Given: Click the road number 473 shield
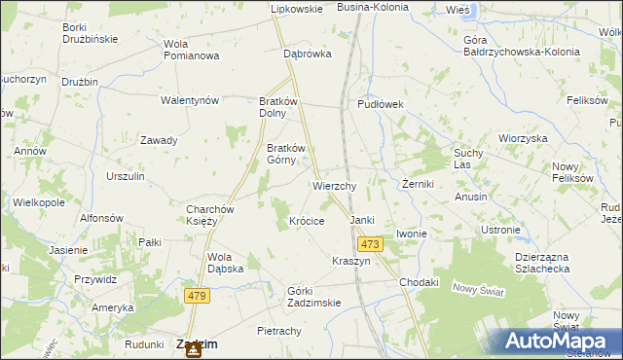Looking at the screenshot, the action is click(x=368, y=244).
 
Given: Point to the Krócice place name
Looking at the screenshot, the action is click(x=307, y=221).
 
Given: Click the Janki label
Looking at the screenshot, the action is click(x=362, y=221).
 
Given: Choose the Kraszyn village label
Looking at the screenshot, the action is click(x=350, y=263).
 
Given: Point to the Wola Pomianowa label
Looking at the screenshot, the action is click(x=191, y=50).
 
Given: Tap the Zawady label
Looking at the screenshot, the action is click(x=159, y=140).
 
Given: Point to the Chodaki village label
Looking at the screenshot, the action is click(x=420, y=282).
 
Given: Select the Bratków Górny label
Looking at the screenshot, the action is click(x=286, y=154).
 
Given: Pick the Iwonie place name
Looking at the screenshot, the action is click(x=412, y=234).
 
